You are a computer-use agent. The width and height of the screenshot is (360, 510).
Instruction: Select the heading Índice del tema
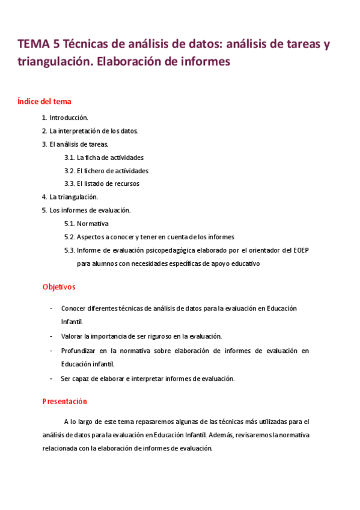pyautogui.click(x=45, y=102)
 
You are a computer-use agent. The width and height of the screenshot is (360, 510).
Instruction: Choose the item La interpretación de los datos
pyautogui.click(x=93, y=131)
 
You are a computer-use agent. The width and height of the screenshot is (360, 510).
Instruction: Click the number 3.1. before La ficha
pyautogui.click(x=69, y=157)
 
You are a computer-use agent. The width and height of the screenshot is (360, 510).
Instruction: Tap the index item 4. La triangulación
pyautogui.click(x=70, y=197)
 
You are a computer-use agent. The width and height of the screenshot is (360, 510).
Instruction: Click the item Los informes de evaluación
pyautogui.click(x=90, y=210)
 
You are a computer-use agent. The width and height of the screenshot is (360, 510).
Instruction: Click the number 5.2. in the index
pyautogui.click(x=69, y=236)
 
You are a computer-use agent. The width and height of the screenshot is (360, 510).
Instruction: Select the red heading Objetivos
pyautogui.click(x=59, y=287)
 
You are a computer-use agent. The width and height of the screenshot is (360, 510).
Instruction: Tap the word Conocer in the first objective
pyautogui.click(x=74, y=309)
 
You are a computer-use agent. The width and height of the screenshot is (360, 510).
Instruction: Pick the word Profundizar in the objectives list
pyautogui.click(x=79, y=350)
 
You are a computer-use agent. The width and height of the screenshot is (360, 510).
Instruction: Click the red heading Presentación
pyautogui.click(x=64, y=401)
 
